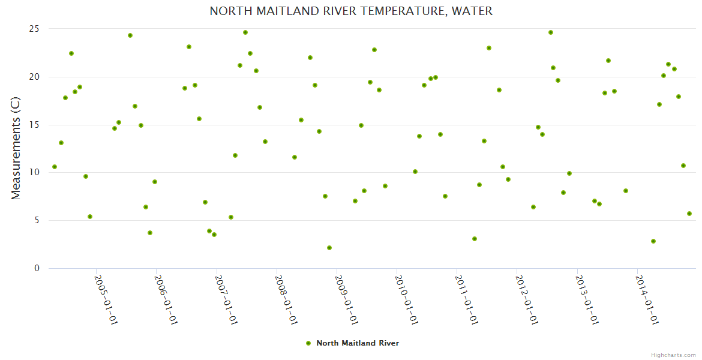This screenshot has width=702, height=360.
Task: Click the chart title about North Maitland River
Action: coord(351,11)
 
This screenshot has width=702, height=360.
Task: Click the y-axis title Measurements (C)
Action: coord(16,149)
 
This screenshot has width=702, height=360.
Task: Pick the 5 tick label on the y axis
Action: coord(37,220)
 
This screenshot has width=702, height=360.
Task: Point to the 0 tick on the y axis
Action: coord(37,268)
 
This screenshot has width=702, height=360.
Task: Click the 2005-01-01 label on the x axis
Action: coord(106,299)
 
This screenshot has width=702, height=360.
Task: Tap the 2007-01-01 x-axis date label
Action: coord(226,299)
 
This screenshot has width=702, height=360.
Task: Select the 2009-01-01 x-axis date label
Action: coord(346,299)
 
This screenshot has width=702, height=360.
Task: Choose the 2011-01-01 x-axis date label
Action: coord(466,299)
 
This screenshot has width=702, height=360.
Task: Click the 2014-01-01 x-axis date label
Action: coord(647,299)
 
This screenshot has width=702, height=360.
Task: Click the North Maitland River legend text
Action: coord(358,343)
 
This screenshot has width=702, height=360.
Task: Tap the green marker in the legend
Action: coord(308,343)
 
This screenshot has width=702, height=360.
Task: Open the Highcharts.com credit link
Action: coord(673,355)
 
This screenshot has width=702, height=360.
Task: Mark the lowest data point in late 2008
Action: coord(329,248)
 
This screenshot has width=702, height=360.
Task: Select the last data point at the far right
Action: coord(689,214)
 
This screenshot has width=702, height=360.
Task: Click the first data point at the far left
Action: coord(55,167)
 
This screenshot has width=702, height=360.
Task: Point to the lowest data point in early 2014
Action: coord(653,241)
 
